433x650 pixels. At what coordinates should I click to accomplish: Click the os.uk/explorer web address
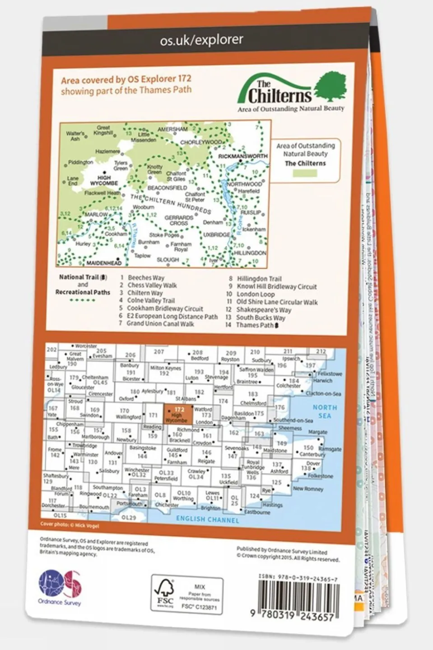[201, 40]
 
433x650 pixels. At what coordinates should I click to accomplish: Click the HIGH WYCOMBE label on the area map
[104, 181]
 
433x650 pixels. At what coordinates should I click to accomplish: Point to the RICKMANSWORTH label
[242, 156]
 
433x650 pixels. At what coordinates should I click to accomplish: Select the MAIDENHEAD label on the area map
[104, 263]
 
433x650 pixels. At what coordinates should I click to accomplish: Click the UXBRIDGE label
[217, 235]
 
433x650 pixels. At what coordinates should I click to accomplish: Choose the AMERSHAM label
[172, 129]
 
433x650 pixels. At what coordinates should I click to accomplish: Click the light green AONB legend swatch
[305, 173]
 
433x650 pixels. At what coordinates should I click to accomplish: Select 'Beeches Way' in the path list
[146, 278]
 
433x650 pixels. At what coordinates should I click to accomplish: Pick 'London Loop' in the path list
[256, 294]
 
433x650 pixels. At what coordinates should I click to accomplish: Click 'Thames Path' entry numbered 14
[255, 325]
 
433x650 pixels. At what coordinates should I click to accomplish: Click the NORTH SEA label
[325, 412]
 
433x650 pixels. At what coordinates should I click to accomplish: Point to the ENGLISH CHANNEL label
[207, 519]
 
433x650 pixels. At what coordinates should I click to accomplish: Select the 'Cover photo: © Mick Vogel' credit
[70, 525]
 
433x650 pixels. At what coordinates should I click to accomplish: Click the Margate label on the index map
[317, 432]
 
